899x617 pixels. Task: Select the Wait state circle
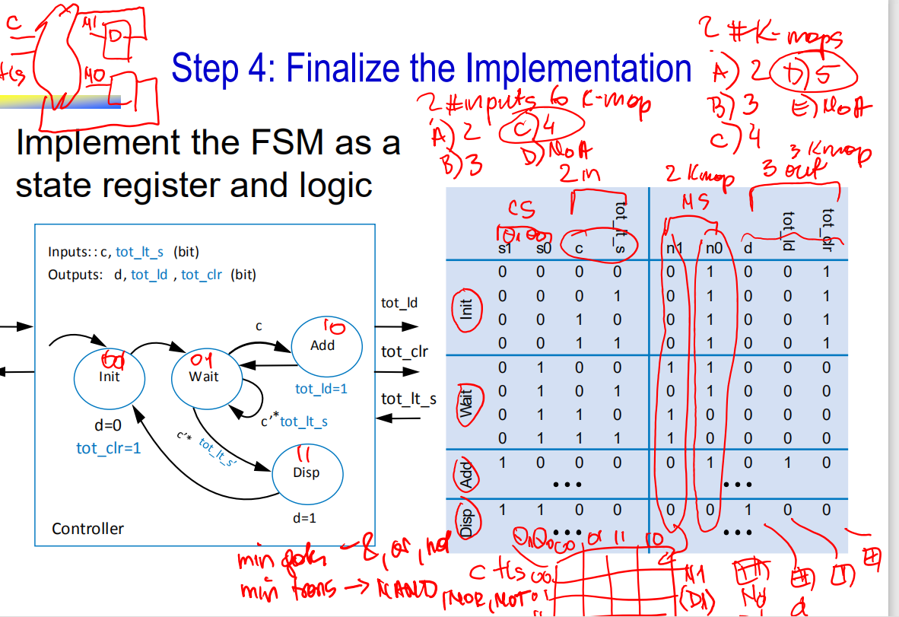(x=204, y=376)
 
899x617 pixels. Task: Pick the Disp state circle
(x=306, y=472)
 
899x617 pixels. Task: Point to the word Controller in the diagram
(x=87, y=528)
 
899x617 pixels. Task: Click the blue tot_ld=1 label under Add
(x=321, y=389)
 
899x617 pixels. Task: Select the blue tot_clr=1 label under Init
(x=108, y=447)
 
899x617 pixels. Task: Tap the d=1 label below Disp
(x=303, y=518)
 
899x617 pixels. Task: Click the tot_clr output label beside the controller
(x=404, y=351)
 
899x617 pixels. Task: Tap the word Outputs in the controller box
(x=78, y=274)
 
